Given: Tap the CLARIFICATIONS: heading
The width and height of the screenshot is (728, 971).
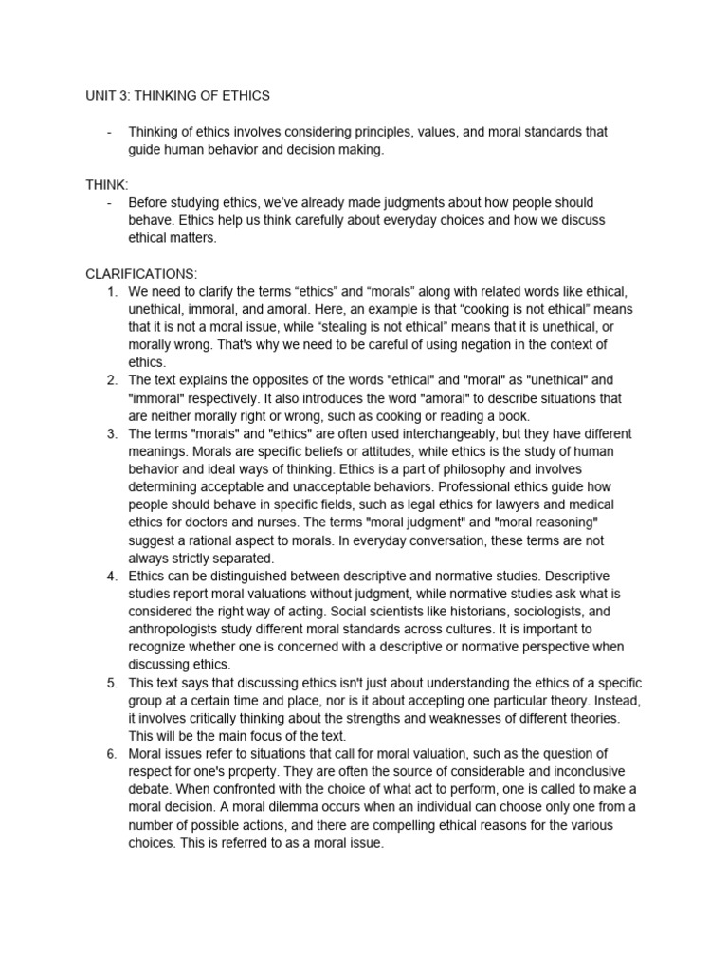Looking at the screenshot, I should tap(141, 274).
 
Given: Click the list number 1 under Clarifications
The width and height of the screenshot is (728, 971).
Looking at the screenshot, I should tap(116, 292).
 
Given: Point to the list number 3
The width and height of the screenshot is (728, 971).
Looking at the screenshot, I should tap(116, 433).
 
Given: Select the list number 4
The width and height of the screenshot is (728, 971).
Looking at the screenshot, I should tap(116, 575).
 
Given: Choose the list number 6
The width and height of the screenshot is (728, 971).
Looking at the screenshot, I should tap(116, 753).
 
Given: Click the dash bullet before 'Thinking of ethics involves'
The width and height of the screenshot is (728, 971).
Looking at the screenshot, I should tap(112, 132).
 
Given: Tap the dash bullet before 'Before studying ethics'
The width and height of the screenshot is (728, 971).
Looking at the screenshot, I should tap(112, 203).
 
